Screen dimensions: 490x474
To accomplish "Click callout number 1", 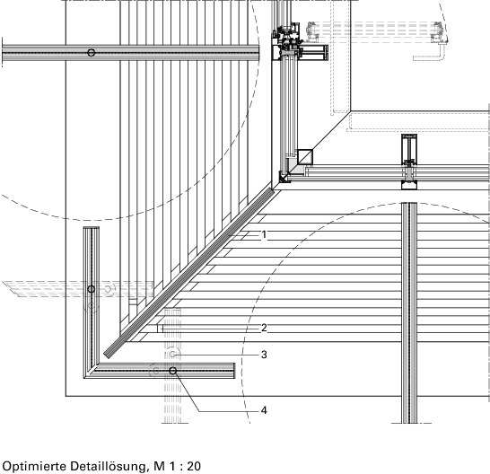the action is [264, 234].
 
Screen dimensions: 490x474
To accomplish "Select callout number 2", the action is [264, 328].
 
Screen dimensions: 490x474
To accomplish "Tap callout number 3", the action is [264, 355].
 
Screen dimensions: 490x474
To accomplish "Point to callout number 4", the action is [264, 410].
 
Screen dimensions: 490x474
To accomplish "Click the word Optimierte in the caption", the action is [34, 466].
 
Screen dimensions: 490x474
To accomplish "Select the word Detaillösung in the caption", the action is [108, 466].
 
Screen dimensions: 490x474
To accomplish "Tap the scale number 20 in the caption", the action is [194, 466].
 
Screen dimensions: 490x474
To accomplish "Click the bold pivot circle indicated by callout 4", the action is [173, 371].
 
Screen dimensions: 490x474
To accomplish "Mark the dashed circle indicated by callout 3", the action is [172, 355].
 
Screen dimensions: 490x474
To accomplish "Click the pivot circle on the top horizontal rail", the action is [91, 53].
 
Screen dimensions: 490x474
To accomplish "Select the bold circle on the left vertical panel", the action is [91, 289].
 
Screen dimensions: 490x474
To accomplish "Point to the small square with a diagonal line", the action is [305, 157].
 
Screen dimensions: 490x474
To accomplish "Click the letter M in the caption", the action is [159, 466].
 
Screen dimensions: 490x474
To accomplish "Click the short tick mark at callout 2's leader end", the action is [158, 329].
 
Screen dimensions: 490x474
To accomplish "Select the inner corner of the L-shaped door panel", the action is [98, 364].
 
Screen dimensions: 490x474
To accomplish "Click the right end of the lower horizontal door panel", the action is [234, 371].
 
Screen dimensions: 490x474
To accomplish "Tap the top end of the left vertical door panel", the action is [92, 228].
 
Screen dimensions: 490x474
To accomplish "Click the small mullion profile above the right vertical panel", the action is [409, 162].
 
